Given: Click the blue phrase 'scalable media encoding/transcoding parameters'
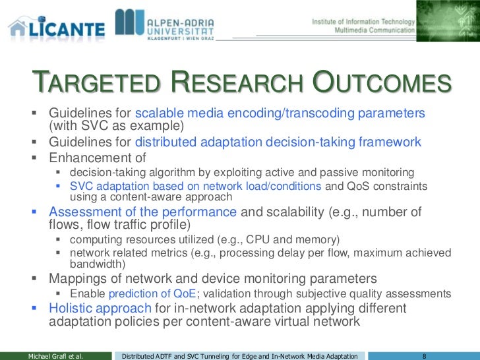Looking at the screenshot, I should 280,113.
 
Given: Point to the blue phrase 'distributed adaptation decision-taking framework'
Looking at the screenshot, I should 278,142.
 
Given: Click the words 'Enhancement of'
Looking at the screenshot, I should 97,158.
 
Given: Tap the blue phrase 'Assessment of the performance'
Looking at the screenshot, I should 142,212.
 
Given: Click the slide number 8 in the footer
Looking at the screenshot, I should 425,355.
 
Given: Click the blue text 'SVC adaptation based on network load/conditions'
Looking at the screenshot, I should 195,186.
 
